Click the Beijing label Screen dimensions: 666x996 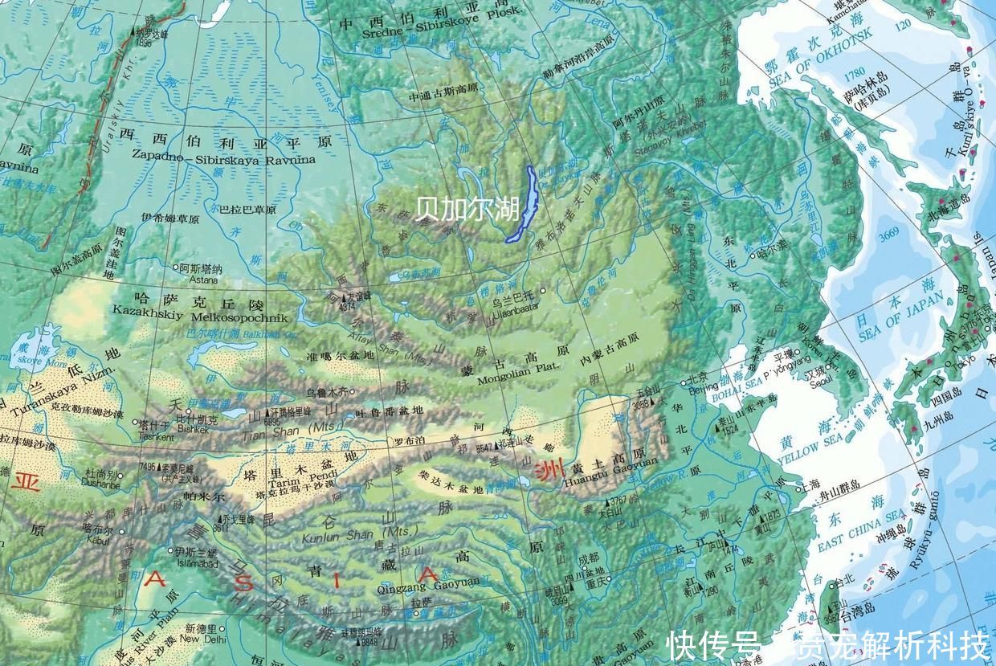coord(703,387)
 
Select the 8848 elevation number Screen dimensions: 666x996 coord(369,641)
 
